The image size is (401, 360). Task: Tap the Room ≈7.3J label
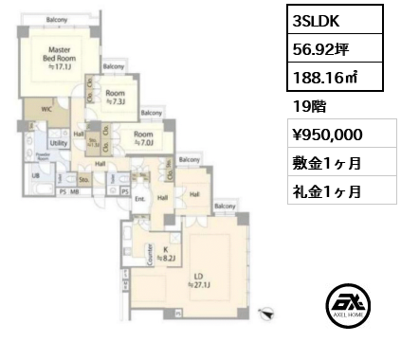(118, 98)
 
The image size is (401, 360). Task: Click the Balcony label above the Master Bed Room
(57, 19)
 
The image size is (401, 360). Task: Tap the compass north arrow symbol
(267, 310)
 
